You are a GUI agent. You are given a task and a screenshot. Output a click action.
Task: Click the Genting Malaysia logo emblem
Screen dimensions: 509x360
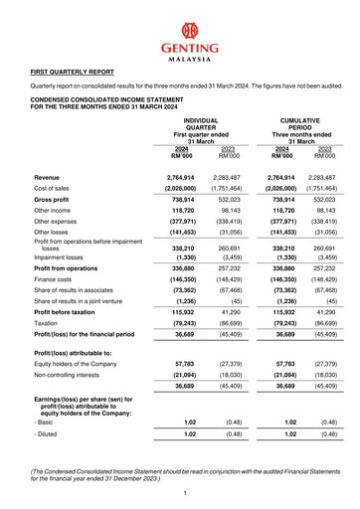[x=179, y=25]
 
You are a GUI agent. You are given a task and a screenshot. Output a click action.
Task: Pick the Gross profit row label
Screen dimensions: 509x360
[x=54, y=200]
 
